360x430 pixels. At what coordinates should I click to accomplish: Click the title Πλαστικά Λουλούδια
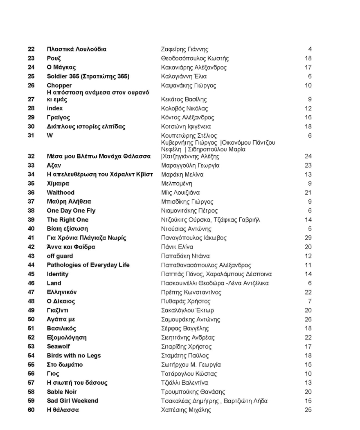(x=76, y=49)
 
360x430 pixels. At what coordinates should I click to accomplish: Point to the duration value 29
(x=308, y=238)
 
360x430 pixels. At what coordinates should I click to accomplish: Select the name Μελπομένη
(x=177, y=184)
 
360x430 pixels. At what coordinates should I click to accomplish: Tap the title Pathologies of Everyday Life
(x=88, y=265)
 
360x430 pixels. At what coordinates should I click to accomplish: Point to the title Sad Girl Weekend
(x=72, y=401)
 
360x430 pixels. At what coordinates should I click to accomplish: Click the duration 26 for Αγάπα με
(x=308, y=319)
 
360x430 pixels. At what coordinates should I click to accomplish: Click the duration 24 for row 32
(x=308, y=156)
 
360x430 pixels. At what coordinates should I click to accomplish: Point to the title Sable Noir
(x=62, y=392)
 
